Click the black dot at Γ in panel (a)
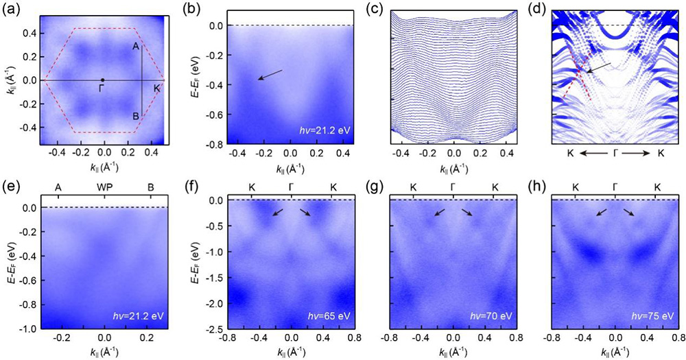(103, 80)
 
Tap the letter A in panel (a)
(135, 46)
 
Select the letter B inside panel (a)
(136, 117)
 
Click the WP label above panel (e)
(104, 187)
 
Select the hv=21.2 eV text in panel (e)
(141, 315)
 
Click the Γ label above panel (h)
(615, 187)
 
